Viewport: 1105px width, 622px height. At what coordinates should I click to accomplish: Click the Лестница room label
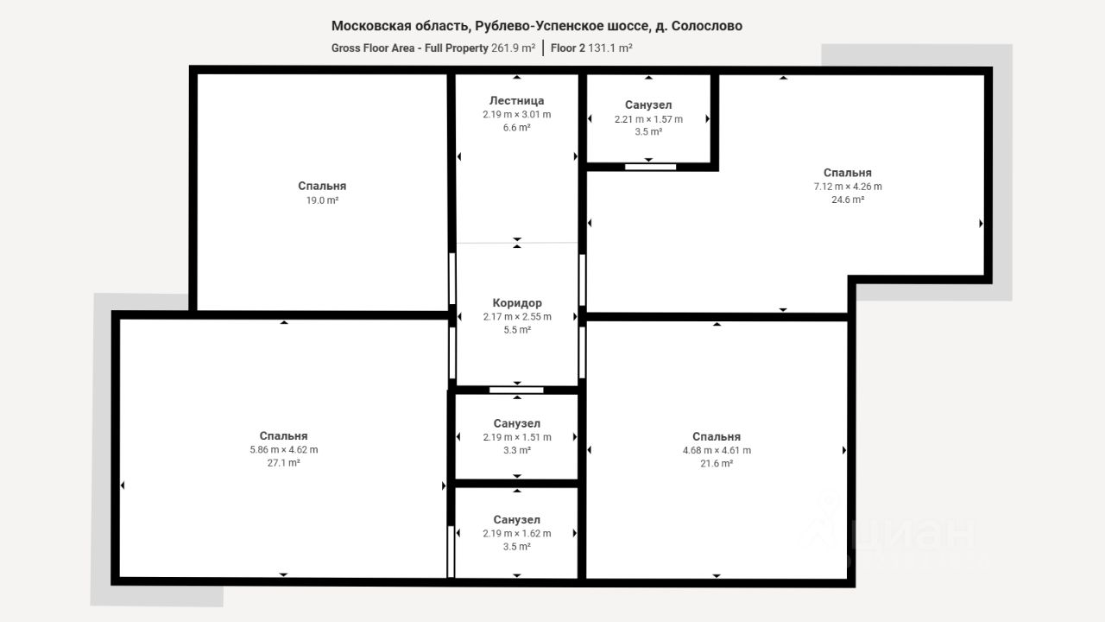[x=516, y=101]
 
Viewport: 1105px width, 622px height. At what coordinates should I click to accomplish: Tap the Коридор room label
[x=517, y=302]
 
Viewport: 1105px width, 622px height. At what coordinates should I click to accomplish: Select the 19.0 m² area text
[x=322, y=200]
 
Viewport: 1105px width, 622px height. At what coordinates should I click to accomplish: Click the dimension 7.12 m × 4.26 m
[x=848, y=187]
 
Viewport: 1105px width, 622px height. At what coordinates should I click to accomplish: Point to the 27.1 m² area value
[x=284, y=463]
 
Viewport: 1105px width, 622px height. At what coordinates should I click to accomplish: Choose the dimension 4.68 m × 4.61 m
[x=717, y=450]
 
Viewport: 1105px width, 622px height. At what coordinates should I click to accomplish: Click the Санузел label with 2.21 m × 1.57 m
[x=648, y=105]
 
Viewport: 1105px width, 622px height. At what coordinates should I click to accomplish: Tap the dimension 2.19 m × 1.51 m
[x=517, y=437]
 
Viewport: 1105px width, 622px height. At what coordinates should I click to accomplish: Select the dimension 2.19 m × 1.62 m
[x=517, y=533]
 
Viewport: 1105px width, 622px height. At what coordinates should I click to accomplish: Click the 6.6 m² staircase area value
[x=516, y=127]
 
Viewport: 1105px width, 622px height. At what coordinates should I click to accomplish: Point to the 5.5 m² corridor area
[x=517, y=330]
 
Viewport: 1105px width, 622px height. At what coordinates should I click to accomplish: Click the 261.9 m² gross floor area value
[x=513, y=48]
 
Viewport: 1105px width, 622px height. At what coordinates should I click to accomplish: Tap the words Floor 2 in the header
[x=567, y=48]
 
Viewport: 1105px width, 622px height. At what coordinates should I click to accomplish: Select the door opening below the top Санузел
[x=650, y=167]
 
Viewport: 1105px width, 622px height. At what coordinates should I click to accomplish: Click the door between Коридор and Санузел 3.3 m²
[x=516, y=390]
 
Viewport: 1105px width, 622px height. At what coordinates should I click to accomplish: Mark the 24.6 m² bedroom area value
[x=848, y=200]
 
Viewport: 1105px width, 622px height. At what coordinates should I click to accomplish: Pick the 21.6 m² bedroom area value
[x=717, y=464]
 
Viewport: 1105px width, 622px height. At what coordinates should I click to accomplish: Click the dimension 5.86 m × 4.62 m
[x=284, y=450]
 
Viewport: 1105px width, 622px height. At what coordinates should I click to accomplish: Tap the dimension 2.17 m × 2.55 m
[x=517, y=316]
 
